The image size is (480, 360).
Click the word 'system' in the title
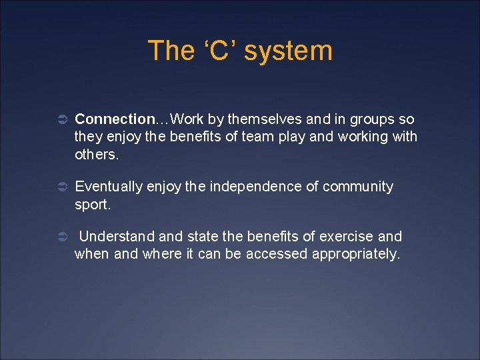coord(289,51)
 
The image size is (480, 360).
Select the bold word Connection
coord(114,119)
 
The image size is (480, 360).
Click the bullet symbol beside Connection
coord(60,120)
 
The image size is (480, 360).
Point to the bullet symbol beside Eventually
coord(60,187)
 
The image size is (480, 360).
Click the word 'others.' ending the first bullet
coord(97,154)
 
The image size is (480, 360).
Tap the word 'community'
coord(358,187)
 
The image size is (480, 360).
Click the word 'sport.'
coord(93,205)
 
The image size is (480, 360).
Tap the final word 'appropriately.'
coord(356,255)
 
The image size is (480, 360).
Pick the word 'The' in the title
coord(169,51)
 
